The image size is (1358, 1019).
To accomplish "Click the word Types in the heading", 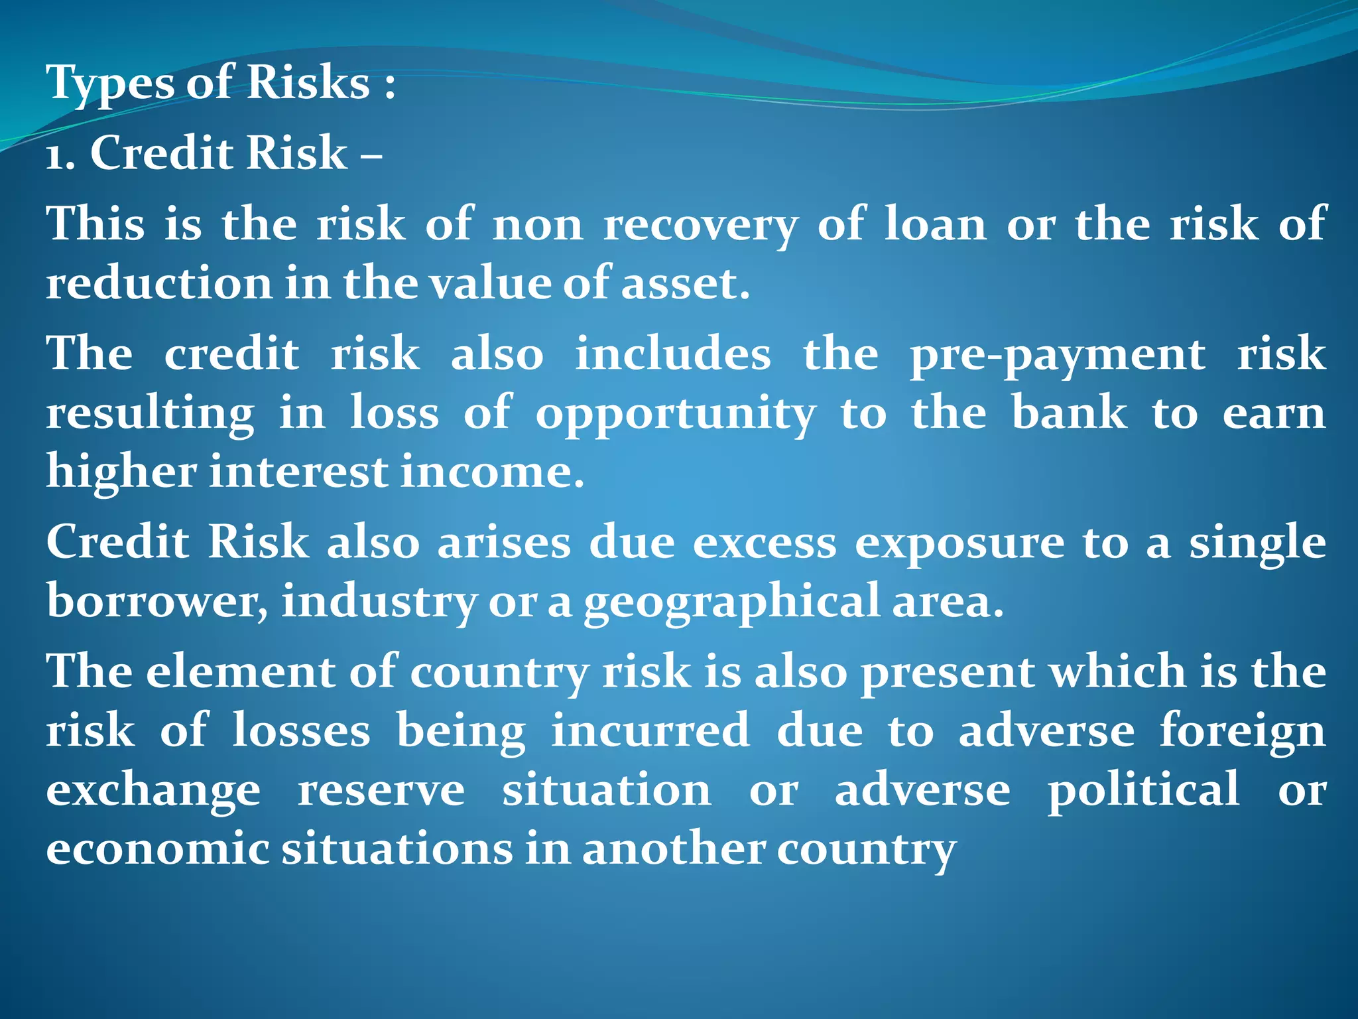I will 110,84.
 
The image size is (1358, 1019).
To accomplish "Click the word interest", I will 298,472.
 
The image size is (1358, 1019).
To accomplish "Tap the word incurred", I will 650,731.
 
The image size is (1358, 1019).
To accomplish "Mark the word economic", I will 157,849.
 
